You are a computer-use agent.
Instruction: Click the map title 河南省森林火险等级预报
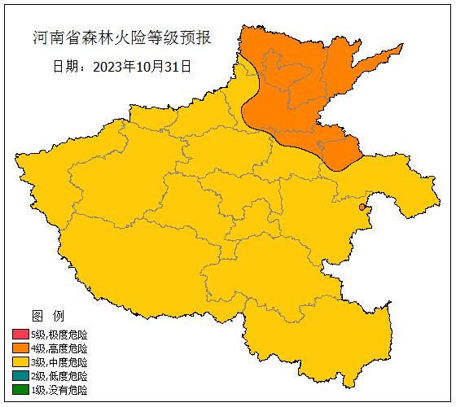[121, 38]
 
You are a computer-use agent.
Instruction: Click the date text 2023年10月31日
[142, 67]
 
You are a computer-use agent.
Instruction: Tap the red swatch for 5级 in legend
[20, 335]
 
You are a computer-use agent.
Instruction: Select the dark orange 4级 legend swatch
[20, 348]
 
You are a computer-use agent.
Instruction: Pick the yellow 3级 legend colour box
[20, 362]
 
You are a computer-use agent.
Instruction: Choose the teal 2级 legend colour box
[20, 376]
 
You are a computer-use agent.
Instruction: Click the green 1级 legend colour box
[20, 390]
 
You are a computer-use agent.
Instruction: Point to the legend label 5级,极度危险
[59, 335]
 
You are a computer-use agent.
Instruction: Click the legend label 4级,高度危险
[59, 348]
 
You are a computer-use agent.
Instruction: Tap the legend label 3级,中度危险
[59, 362]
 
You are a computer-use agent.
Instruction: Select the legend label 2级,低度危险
[59, 376]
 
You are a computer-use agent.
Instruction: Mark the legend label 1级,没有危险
[59, 390]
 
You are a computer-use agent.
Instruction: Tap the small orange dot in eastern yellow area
[362, 208]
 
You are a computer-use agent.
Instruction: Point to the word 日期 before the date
[65, 67]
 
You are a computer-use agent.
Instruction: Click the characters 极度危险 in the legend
[68, 335]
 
